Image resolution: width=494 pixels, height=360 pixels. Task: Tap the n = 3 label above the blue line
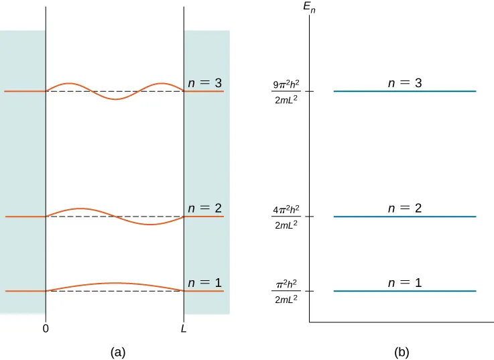pos(405,83)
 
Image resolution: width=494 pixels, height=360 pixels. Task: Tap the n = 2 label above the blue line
pos(405,208)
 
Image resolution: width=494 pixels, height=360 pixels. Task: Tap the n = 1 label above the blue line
pos(405,283)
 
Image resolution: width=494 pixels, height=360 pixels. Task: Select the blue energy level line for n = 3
pos(405,91)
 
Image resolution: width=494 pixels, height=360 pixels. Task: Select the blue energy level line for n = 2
pos(405,217)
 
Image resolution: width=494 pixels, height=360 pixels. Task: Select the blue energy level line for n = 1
pos(405,291)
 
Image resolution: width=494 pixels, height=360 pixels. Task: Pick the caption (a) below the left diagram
pos(117,351)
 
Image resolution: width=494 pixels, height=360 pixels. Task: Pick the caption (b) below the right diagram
pos(402,351)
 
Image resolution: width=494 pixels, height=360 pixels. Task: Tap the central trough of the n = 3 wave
pos(115,99)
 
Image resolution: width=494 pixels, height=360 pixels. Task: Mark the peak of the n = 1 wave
pos(115,283)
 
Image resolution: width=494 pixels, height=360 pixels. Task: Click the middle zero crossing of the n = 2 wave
pos(115,217)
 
